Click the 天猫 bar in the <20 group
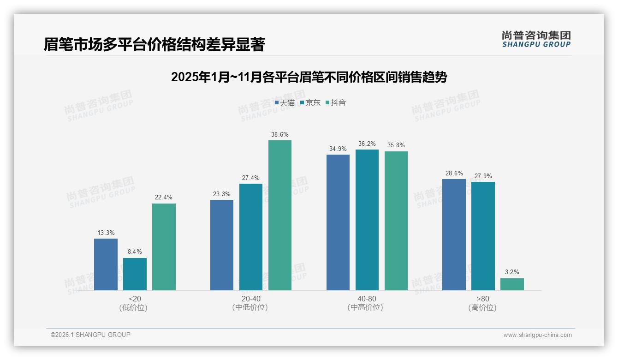coord(106,264)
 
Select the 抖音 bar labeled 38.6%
coord(280,215)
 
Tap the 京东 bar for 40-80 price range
coord(367,220)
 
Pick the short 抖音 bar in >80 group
coord(512,284)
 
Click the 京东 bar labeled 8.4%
coord(135,274)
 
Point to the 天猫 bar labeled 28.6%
coord(454,234)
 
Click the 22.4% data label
coord(164,198)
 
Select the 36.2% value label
coord(367,144)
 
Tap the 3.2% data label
coord(512,272)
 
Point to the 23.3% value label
coord(222,194)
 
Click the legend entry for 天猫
coord(285,103)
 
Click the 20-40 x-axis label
coord(250,299)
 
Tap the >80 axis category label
coord(483,299)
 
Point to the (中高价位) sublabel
coord(365,307)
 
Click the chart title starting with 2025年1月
coord(309,77)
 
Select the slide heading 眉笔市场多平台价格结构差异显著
coord(154,44)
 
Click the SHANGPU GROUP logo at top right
coord(536,39)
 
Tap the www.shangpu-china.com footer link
coord(537,335)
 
